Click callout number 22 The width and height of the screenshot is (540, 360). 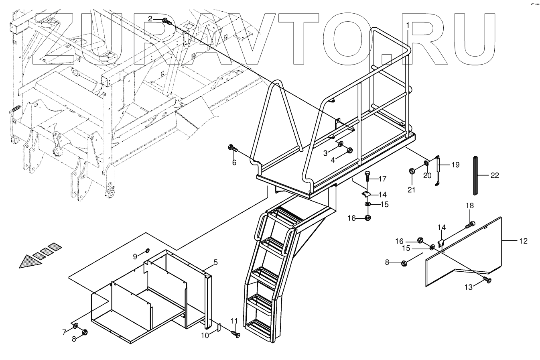(x=495, y=175)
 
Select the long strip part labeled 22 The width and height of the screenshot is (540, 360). (x=476, y=175)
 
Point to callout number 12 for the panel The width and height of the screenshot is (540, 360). (x=523, y=241)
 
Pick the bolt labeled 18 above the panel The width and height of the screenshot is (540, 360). (x=471, y=225)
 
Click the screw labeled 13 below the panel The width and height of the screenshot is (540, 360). (x=487, y=280)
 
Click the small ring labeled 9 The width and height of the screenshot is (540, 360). (x=147, y=251)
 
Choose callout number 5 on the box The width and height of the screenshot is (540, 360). (x=215, y=262)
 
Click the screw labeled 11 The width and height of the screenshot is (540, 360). (x=236, y=334)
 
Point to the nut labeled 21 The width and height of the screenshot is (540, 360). (x=411, y=171)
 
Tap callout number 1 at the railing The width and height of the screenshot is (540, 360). (x=408, y=25)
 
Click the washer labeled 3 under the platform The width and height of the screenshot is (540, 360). (x=340, y=144)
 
